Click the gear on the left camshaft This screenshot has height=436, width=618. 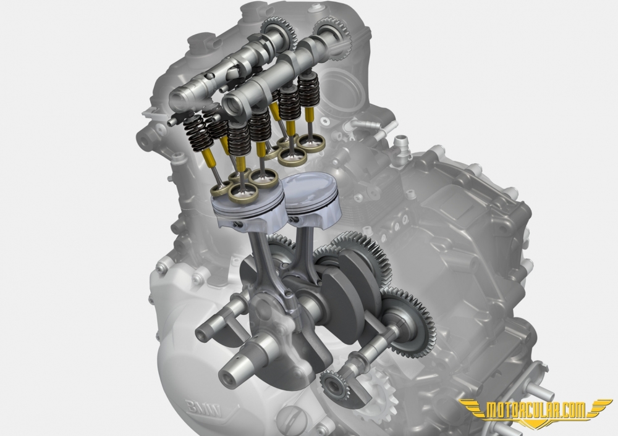tap(281, 31)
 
